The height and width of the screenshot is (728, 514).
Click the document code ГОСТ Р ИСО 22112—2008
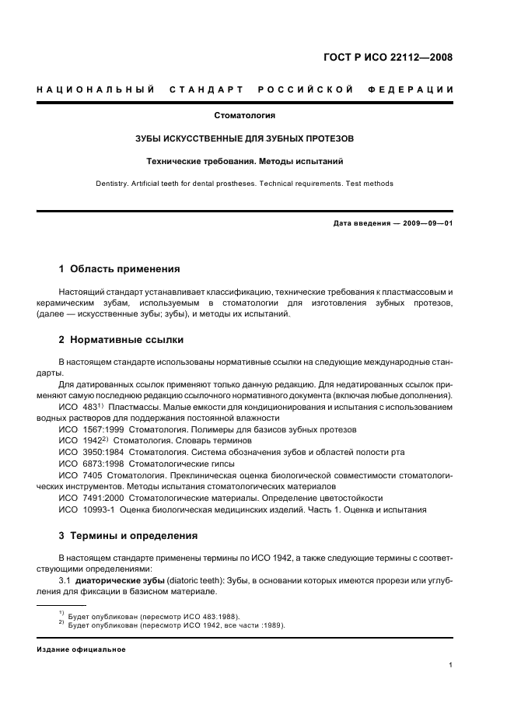pos(388,57)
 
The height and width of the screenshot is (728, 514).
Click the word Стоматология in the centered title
pos(245,115)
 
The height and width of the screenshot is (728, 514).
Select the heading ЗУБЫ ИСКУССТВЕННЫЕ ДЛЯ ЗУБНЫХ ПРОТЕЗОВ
pos(245,138)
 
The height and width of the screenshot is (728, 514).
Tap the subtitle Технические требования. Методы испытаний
pos(245,162)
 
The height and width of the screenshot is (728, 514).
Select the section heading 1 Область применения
pos(119,269)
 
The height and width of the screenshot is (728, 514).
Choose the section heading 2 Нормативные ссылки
pos(121,340)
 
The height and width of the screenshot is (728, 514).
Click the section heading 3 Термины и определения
pos(128,535)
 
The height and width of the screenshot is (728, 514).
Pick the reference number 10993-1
pos(100,509)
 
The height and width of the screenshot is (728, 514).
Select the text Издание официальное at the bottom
pos(81,649)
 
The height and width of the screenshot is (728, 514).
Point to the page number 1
pos(451,665)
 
